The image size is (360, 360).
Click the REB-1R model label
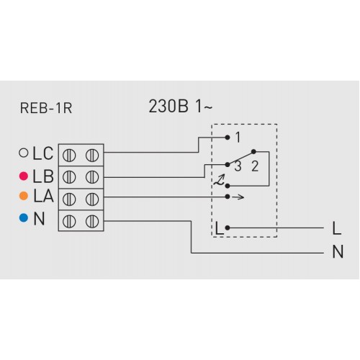click(x=46, y=108)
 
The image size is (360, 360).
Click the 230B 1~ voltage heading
click(x=181, y=107)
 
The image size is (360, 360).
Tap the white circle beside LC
click(x=24, y=153)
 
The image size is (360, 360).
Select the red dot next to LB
click(x=24, y=176)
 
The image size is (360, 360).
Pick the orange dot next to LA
click(x=24, y=196)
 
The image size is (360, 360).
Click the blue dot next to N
click(x=24, y=217)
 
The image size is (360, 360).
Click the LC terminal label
click(x=43, y=153)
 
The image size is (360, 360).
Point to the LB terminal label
click(x=43, y=176)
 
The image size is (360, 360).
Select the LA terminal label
click(x=44, y=196)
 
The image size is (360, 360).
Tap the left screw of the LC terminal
click(x=69, y=155)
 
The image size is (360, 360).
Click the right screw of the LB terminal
click(x=92, y=177)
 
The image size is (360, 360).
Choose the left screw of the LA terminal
click(x=69, y=199)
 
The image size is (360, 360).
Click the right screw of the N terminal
click(x=92, y=221)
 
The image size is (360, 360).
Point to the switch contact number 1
click(x=238, y=138)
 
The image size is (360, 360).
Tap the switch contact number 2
click(x=255, y=166)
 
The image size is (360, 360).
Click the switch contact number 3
click(x=238, y=166)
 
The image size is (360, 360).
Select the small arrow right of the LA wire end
click(x=238, y=197)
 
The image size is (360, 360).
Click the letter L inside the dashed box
click(x=220, y=228)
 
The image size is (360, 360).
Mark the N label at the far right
click(x=338, y=252)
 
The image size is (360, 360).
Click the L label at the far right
click(x=337, y=228)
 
